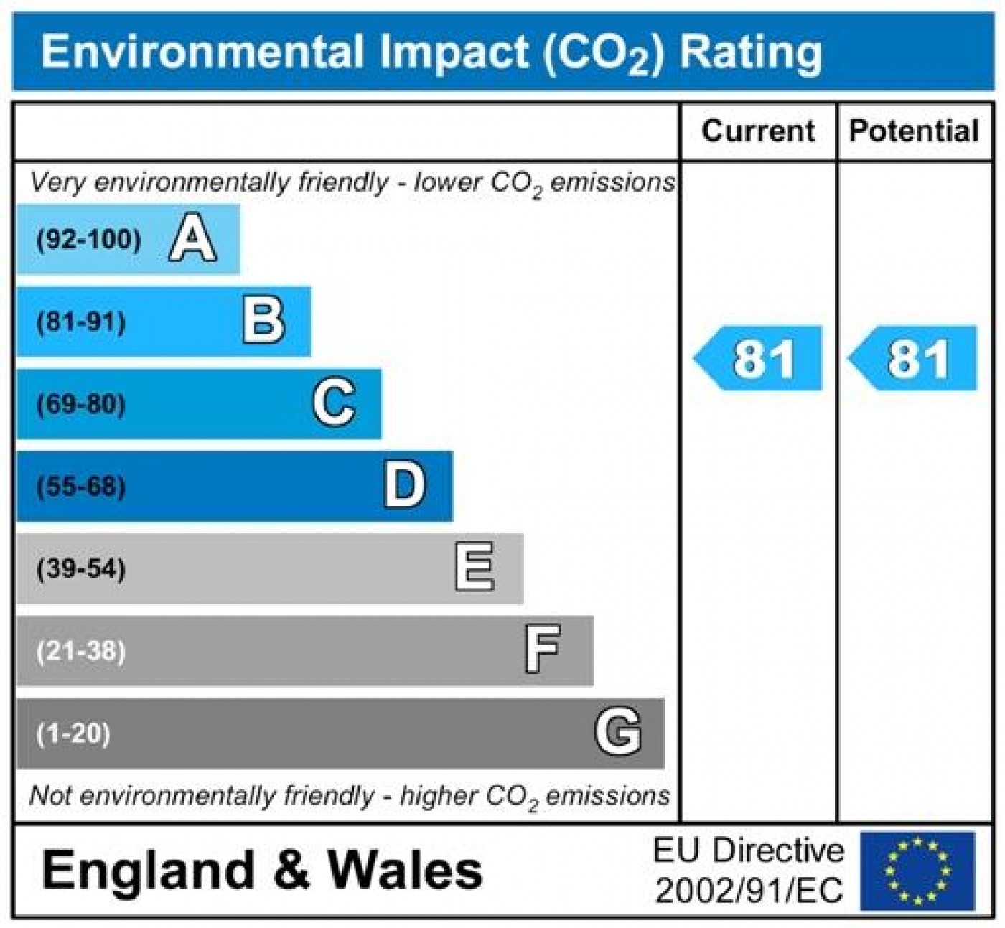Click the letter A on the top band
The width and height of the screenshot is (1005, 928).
(192, 240)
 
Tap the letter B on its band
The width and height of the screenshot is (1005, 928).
(263, 322)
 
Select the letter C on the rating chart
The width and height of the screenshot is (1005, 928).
(334, 403)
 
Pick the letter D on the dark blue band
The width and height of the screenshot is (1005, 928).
(404, 486)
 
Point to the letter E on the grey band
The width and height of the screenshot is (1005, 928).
(475, 568)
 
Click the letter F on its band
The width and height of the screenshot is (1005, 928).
(542, 650)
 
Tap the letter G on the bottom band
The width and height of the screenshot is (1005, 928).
(617, 732)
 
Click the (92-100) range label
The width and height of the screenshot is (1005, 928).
(89, 240)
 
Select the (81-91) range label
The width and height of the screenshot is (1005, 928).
(81, 322)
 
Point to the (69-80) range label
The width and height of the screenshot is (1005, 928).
(81, 404)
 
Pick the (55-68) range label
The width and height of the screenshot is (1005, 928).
(81, 487)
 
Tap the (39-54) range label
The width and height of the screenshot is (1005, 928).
(81, 569)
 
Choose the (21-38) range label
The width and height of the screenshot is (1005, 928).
(81, 652)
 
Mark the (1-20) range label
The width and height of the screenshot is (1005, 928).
(73, 734)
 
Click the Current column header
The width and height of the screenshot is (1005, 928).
(758, 131)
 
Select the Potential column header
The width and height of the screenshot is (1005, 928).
(913, 131)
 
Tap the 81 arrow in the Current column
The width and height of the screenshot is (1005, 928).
(759, 358)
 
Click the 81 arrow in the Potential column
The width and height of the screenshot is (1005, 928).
(914, 358)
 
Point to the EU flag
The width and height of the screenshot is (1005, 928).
(917, 871)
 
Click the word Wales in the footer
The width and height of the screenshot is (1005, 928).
(405, 870)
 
